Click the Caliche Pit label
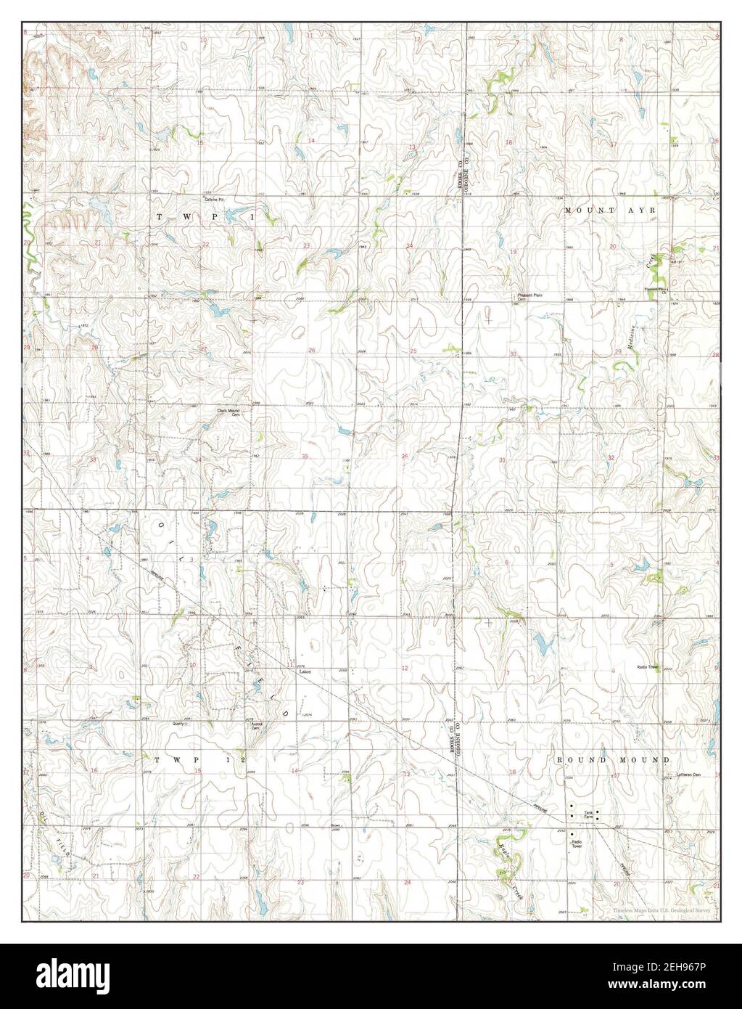pos(212,199)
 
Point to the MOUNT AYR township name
pos(610,210)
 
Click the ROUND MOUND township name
pos(612,759)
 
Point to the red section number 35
pos(305,457)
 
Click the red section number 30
pos(513,354)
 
